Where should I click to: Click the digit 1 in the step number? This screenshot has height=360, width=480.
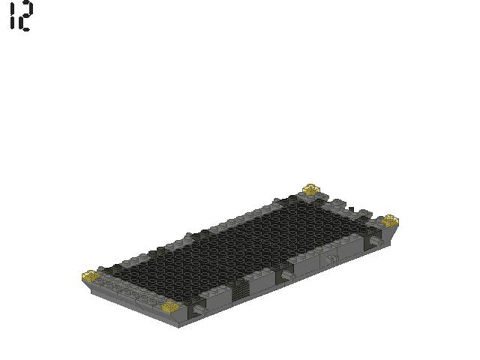(x=12, y=16)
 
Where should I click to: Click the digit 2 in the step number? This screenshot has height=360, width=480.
(x=25, y=16)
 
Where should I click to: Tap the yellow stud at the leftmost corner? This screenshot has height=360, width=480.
(x=90, y=276)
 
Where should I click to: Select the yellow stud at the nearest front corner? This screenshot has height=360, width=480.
(x=169, y=306)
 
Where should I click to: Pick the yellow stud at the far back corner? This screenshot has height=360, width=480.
(x=311, y=189)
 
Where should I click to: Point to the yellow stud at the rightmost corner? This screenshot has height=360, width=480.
(x=389, y=220)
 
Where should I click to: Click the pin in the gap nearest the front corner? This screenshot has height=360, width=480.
(x=199, y=308)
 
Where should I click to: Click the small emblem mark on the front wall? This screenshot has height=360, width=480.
(x=330, y=261)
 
